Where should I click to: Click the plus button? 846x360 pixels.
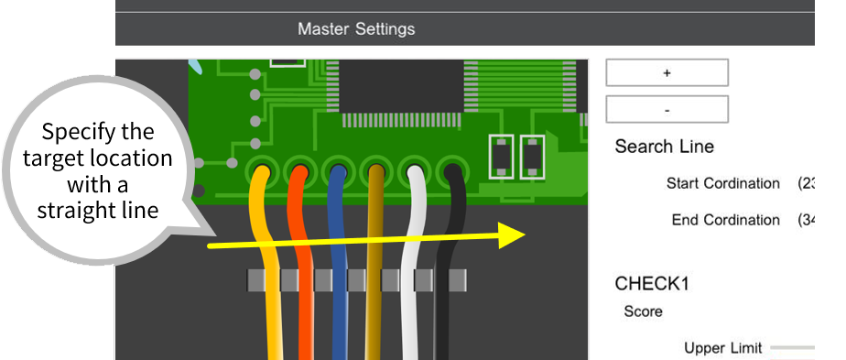(x=667, y=72)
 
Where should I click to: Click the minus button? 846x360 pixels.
(x=667, y=109)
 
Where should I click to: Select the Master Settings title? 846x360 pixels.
(x=356, y=29)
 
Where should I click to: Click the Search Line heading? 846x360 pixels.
(x=664, y=147)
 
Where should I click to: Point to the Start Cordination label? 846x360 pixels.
(x=722, y=183)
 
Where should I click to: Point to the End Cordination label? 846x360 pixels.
(x=725, y=220)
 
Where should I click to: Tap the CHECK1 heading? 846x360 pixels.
(x=652, y=283)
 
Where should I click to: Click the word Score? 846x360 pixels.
(x=643, y=311)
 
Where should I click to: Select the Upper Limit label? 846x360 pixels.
(x=722, y=348)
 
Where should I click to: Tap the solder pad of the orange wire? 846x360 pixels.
(x=299, y=170)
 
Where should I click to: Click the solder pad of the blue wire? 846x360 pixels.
(x=338, y=170)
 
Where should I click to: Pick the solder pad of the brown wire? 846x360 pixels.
(x=375, y=170)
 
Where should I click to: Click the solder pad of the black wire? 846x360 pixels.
(x=451, y=170)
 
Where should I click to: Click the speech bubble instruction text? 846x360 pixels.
(x=98, y=170)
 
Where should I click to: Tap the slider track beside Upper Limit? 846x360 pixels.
(x=793, y=348)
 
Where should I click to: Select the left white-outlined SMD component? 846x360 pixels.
(x=501, y=157)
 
